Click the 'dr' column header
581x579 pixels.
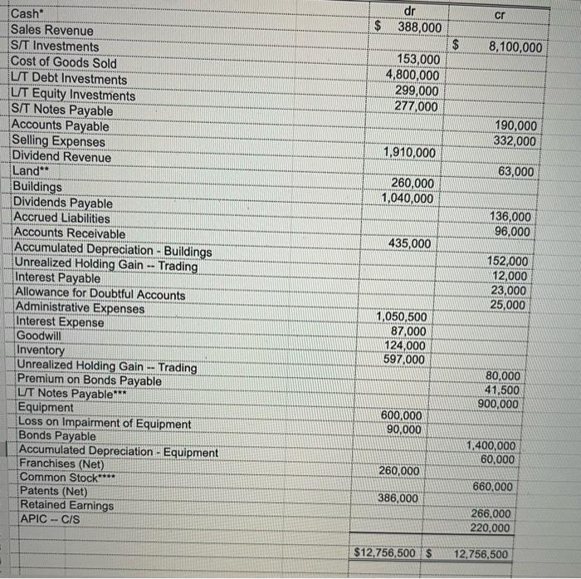pos(409,11)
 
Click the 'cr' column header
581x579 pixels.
pos(499,15)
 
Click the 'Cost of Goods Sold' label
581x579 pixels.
pos(64,62)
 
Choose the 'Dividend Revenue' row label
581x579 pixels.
pos(61,157)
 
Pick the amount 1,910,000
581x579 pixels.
pos(409,153)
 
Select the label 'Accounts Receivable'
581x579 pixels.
pos(71,235)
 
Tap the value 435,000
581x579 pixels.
pos(410,243)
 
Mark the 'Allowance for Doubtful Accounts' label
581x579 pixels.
pos(100,295)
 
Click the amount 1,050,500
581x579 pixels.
pos(402,317)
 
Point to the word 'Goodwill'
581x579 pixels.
pos(40,336)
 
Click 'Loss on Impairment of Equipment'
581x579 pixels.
pos(105,424)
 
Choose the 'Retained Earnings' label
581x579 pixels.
pos(67,505)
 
